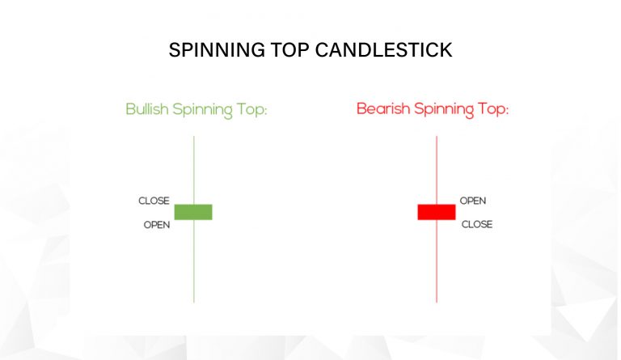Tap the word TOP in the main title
290,50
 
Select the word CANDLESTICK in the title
384,50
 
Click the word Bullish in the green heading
147,109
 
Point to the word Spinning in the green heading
202,110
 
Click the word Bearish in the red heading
383,108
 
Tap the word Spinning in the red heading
444,110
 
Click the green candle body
193,212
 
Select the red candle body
437,212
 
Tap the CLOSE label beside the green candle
154,201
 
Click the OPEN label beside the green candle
157,225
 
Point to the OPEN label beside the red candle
473,201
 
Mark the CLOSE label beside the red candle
477,225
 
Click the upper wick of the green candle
194,171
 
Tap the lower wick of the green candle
194,261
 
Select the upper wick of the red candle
437,171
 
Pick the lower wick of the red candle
437,261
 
